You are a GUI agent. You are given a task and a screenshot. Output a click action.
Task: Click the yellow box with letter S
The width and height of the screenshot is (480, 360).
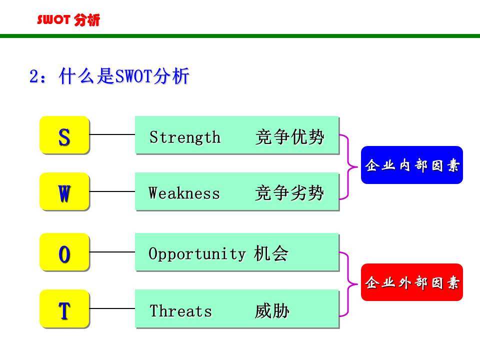point(64,135)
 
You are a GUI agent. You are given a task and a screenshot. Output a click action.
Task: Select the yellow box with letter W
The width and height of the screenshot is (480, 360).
point(64,191)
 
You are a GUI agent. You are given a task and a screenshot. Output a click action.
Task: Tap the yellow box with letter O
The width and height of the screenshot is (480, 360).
point(64,252)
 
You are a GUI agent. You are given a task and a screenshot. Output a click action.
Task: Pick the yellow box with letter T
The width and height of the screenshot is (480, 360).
point(64,309)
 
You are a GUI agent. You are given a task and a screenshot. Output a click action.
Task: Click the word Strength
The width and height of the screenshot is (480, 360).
point(184,137)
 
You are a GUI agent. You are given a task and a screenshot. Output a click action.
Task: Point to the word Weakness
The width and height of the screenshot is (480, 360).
point(184,193)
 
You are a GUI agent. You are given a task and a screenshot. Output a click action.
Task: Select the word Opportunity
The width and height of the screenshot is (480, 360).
point(197,254)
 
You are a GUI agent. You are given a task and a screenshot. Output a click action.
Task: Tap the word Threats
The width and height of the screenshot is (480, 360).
point(180,311)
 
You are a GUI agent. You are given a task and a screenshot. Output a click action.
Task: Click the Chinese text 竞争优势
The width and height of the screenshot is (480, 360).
point(289,136)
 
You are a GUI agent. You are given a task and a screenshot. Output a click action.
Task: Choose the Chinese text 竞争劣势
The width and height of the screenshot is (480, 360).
point(289,193)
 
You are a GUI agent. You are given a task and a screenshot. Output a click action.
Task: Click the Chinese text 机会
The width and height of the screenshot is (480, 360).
point(271,253)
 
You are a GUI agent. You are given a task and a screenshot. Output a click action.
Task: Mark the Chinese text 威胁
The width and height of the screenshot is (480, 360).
point(272,311)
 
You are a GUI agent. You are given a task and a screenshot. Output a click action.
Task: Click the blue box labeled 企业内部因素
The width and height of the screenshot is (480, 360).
point(412,165)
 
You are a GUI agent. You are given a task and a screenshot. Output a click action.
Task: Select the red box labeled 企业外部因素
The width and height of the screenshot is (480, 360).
point(412,282)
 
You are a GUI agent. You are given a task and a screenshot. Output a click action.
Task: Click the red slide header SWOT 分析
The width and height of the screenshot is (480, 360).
point(68,20)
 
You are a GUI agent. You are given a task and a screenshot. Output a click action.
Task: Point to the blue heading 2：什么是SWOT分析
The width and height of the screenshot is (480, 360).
point(109,76)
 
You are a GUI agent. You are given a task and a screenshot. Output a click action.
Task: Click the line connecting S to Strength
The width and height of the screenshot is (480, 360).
point(112,134)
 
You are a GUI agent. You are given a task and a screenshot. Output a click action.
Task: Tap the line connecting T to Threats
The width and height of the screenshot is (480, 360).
point(112,308)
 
